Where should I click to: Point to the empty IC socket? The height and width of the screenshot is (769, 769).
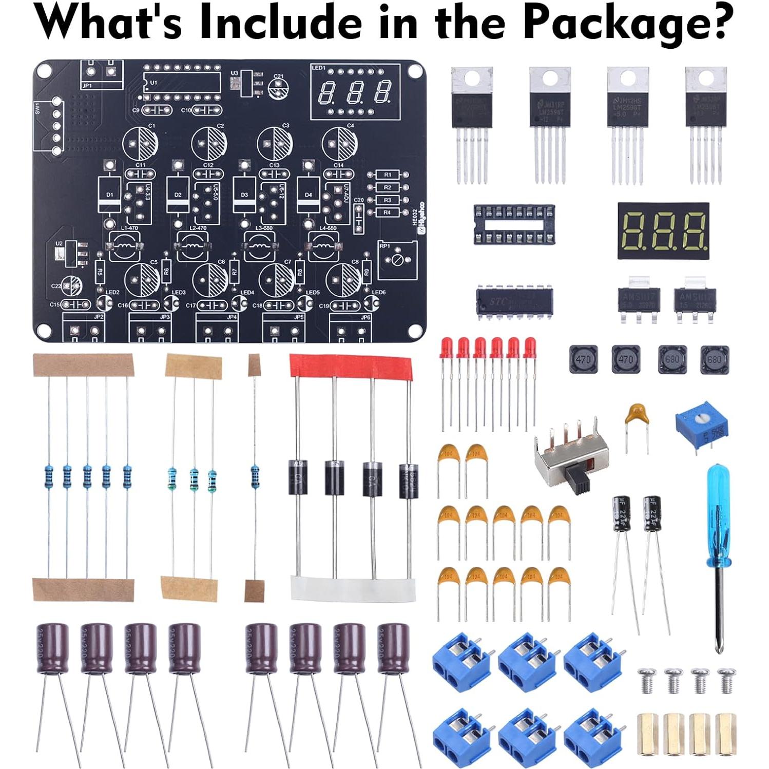coord(514,224)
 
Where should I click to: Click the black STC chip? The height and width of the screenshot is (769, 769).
coord(514,302)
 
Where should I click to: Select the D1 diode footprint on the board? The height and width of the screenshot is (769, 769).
coord(109,195)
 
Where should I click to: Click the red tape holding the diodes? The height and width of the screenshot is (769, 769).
coord(352,366)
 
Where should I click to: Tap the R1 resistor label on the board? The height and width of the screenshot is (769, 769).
coord(388,175)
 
